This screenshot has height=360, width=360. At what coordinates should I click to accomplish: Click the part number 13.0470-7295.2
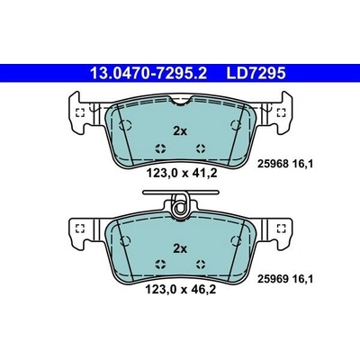pyautogui.click(x=148, y=73)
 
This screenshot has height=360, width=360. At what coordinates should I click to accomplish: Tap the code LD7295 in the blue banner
pyautogui.click(x=256, y=73)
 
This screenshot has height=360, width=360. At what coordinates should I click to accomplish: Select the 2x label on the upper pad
pyautogui.click(x=180, y=131)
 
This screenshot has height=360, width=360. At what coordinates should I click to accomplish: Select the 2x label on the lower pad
pyautogui.click(x=180, y=248)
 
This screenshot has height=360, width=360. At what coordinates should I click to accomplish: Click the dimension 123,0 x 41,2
pyautogui.click(x=181, y=173)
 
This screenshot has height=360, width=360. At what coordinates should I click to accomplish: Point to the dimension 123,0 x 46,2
pyautogui.click(x=180, y=290)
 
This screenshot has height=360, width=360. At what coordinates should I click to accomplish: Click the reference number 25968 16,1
pyautogui.click(x=285, y=164)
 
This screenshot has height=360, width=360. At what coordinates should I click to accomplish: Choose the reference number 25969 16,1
pyautogui.click(x=285, y=280)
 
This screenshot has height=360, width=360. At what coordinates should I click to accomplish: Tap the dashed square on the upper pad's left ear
pyautogui.click(x=80, y=112)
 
